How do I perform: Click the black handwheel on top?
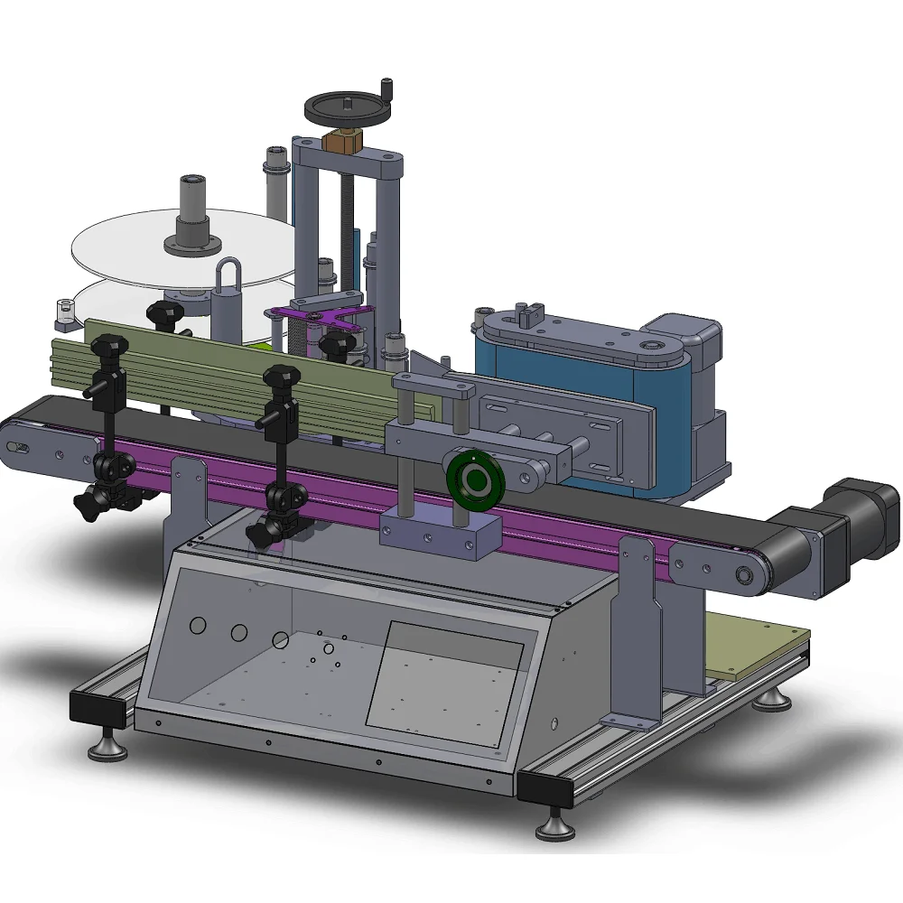coord(348,107)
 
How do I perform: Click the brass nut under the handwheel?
coord(344,141)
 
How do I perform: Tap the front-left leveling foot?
coord(107,747)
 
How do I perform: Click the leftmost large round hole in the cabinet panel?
coord(196,625)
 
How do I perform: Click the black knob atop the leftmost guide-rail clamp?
coord(108,346)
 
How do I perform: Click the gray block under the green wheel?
coord(439,534)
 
